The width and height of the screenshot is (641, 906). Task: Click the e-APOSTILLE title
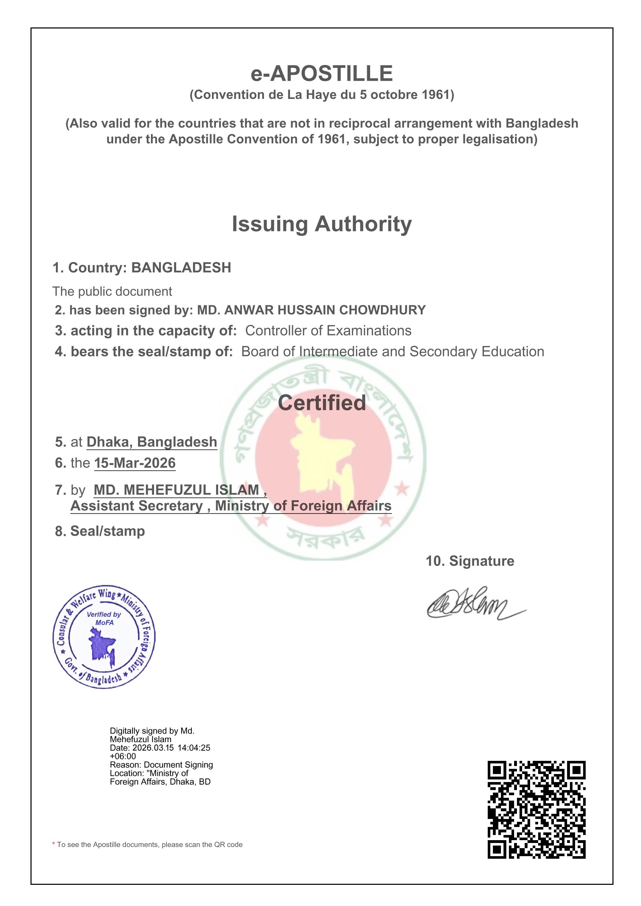(322, 74)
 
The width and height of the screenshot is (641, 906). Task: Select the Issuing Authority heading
(322, 224)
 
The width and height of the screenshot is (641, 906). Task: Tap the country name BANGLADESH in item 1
(181, 268)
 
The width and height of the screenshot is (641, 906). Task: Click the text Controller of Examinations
(328, 331)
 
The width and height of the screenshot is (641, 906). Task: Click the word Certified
(322, 403)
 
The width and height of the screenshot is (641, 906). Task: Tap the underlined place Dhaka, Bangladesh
(152, 442)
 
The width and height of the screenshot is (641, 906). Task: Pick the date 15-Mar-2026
(135, 463)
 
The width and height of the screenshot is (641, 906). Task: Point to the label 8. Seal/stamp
(100, 531)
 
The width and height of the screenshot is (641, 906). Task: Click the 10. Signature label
(470, 561)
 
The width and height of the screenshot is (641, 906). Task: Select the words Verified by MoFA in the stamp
(104, 618)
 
